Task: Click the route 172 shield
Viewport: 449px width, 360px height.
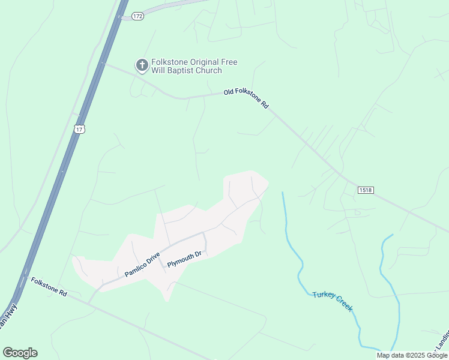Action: (x=138, y=16)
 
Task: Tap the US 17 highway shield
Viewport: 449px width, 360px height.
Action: (x=79, y=129)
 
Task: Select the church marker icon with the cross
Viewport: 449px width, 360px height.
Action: (x=142, y=65)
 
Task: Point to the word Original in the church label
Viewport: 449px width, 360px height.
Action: (x=204, y=62)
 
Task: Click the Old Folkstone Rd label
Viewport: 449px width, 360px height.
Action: (x=246, y=98)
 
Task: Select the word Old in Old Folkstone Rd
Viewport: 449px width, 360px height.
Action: (x=229, y=92)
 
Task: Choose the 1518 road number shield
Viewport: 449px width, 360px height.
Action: (x=366, y=190)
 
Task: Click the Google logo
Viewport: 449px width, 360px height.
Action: (x=20, y=353)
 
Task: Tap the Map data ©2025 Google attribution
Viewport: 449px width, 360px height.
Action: (x=412, y=355)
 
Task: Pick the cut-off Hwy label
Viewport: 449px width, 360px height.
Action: (x=9, y=316)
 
